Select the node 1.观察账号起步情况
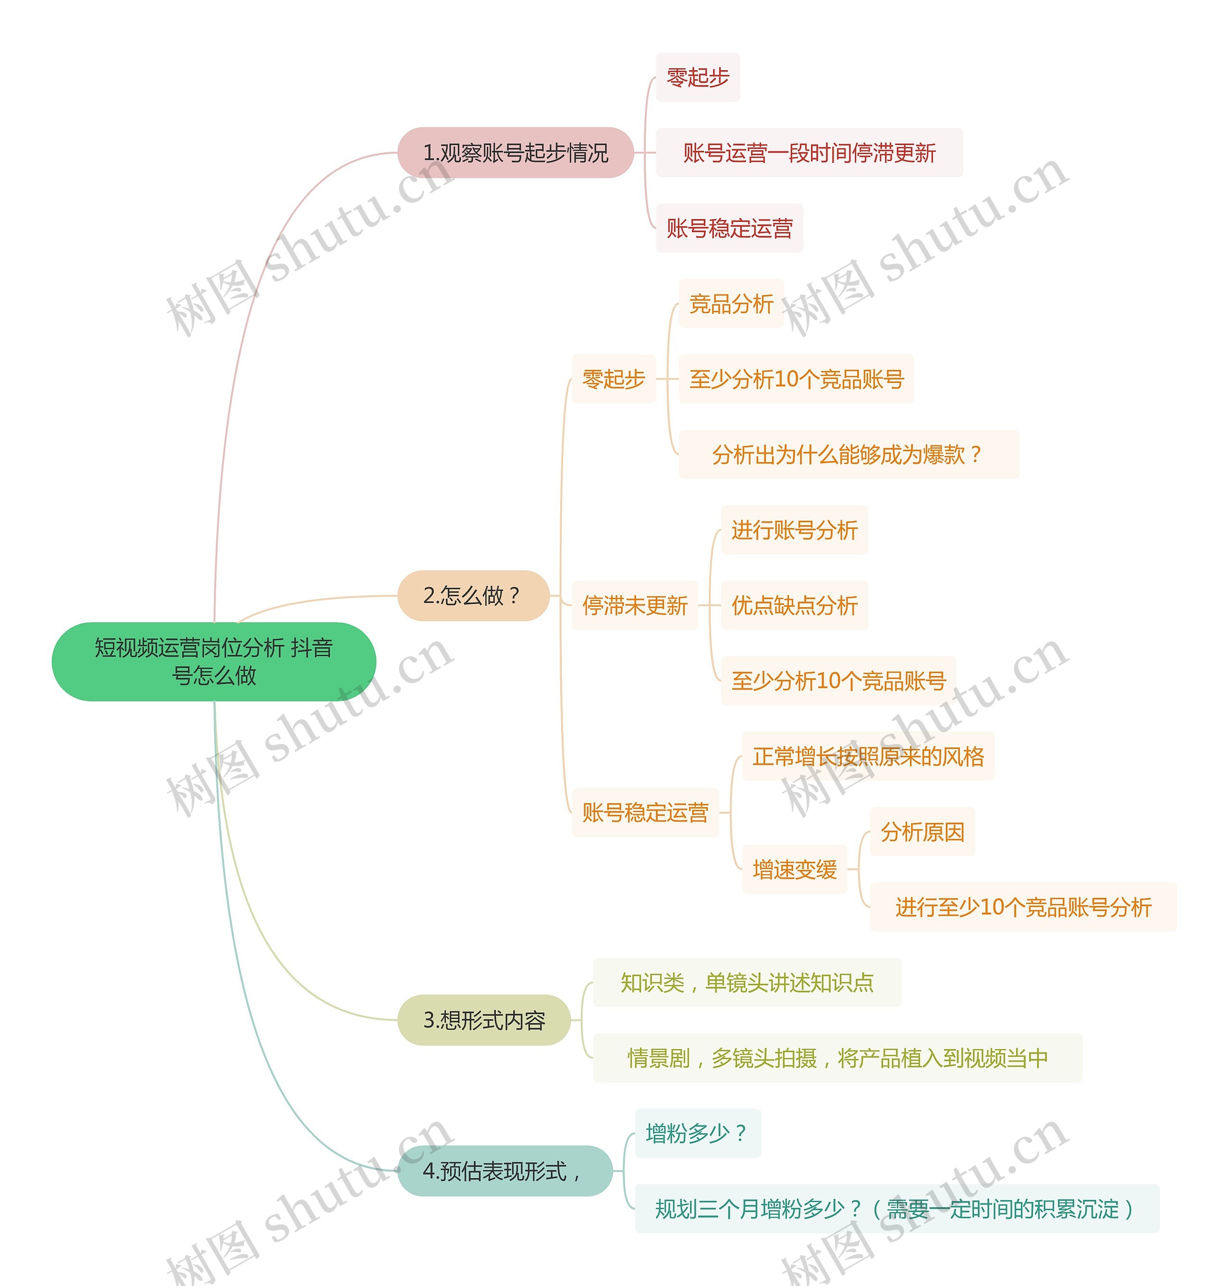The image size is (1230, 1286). pos(516,153)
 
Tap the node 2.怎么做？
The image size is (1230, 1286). pos(473,595)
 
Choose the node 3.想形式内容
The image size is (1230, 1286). pos(484,1020)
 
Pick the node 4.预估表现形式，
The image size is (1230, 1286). pos(504,1171)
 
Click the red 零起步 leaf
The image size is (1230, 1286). pos(698,77)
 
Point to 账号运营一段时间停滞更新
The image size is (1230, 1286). pos(809,153)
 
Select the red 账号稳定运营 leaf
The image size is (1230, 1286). pos(729,228)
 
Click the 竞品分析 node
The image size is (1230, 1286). pos(731,304)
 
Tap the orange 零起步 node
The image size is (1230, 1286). pos(614,379)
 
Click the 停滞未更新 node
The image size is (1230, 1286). pos(635,605)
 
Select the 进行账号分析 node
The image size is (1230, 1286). pos(794,529)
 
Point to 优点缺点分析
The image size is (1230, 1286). pos(794,605)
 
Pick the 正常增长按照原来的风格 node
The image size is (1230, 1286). pos(867,757)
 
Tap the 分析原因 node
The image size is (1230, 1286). pos(922,832)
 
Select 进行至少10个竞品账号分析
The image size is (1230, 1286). pos(1023,907)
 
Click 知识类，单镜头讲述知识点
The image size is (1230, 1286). pos(747,982)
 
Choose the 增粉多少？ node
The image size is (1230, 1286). pos(697,1133)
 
